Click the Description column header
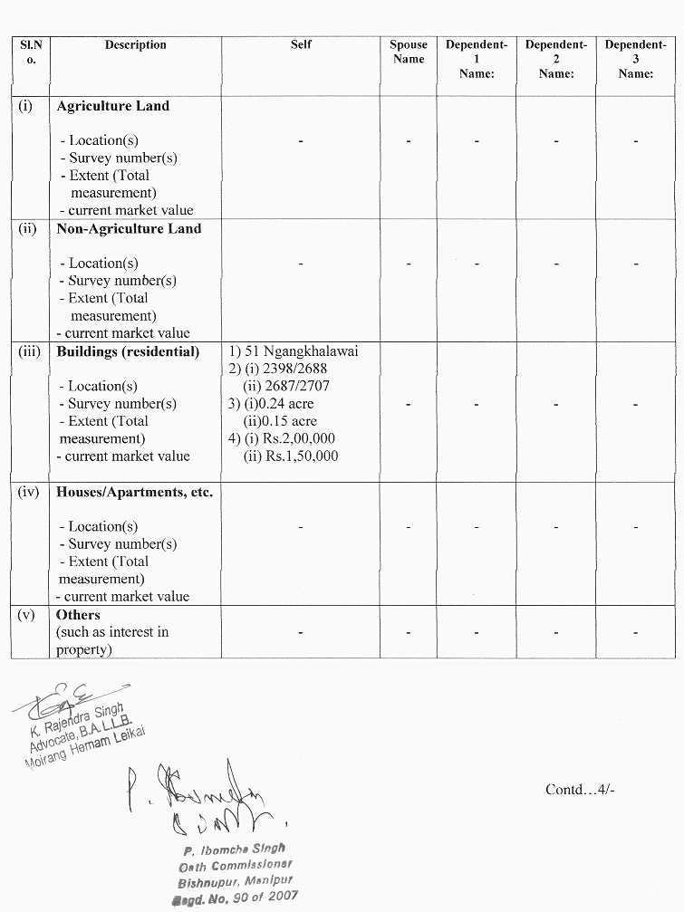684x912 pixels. coord(135,44)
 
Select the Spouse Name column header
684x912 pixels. coord(409,52)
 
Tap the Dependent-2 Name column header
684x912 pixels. coord(556,59)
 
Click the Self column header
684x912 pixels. coord(301,44)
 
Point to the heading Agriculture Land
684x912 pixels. coord(112,106)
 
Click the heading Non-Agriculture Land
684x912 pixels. coord(129,228)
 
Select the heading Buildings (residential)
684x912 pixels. coord(128,351)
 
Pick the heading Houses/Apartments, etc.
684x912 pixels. coord(134,492)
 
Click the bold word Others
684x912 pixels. coord(78,614)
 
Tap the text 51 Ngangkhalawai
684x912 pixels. coord(301,351)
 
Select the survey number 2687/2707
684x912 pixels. coord(298,386)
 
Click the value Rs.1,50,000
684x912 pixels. coord(291,456)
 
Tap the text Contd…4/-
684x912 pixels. coord(581,789)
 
